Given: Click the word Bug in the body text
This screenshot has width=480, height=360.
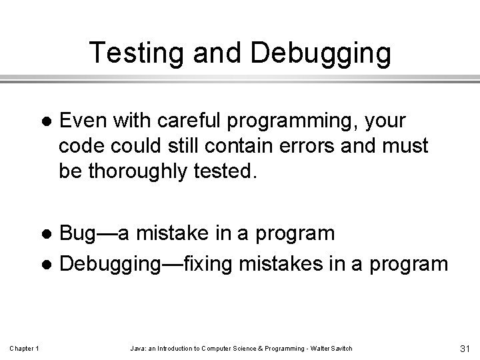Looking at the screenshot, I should (79, 234).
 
